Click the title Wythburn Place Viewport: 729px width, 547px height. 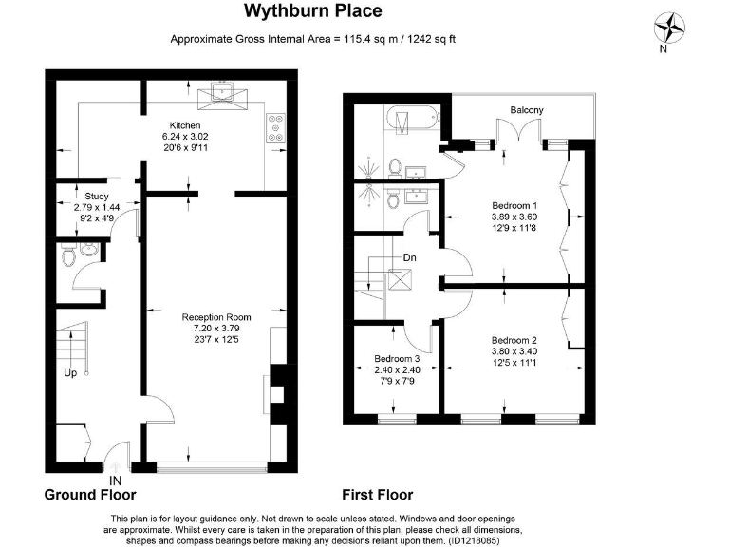[x=313, y=11]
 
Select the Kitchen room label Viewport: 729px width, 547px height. [x=185, y=125]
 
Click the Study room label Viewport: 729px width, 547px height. [x=97, y=197]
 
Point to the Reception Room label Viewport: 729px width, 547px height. [x=216, y=317]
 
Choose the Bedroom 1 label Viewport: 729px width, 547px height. [x=514, y=205]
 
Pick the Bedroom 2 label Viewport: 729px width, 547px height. [x=514, y=340]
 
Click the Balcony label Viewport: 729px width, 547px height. [x=527, y=111]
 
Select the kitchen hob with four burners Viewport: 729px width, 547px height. [x=275, y=124]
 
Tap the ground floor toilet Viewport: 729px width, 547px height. [x=68, y=255]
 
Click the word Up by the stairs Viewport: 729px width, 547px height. [x=70, y=373]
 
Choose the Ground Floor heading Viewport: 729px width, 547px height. [x=90, y=495]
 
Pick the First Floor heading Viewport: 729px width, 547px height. [x=378, y=495]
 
